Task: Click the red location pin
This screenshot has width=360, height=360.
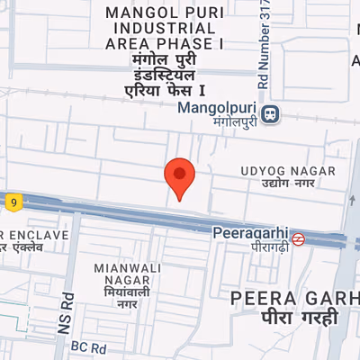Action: [x=179, y=176]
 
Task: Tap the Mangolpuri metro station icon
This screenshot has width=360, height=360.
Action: [x=271, y=114]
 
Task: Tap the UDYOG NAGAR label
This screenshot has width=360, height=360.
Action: [x=287, y=171]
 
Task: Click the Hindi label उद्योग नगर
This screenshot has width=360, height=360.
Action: [x=286, y=184]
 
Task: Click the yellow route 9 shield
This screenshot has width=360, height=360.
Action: [x=14, y=202]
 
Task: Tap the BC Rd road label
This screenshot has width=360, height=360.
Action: [x=89, y=346]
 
